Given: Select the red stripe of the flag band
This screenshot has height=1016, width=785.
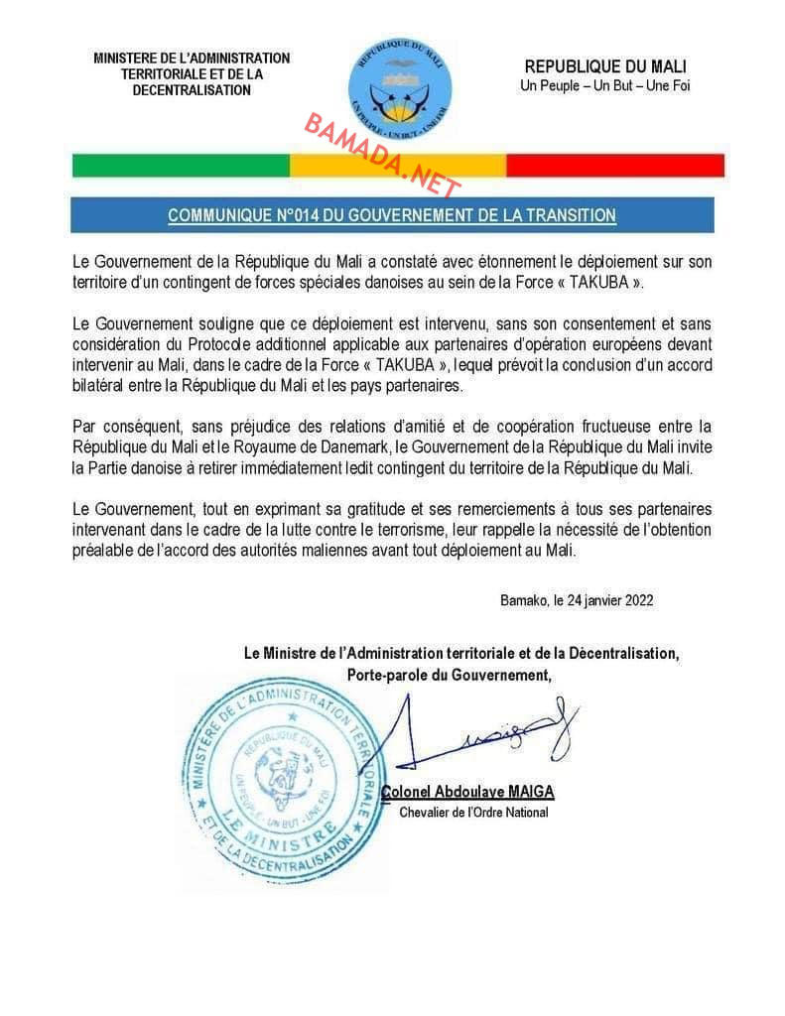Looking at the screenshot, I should pos(614,165).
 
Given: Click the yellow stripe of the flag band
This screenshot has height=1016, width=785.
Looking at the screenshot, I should pos(397,165).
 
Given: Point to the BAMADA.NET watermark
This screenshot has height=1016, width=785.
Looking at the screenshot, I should pos(382,155).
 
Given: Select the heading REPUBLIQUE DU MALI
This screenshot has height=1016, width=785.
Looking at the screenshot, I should pos(604,66).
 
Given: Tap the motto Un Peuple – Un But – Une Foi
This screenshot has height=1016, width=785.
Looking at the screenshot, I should pos(604,85).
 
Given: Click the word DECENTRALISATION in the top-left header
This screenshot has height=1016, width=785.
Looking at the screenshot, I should pos(192,90).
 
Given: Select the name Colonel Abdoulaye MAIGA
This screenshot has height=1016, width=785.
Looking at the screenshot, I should pos(468,792).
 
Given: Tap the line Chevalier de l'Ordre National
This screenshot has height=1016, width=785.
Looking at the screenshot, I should pos(473,813).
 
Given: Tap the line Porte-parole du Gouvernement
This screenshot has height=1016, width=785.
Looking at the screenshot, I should pos(449,675).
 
